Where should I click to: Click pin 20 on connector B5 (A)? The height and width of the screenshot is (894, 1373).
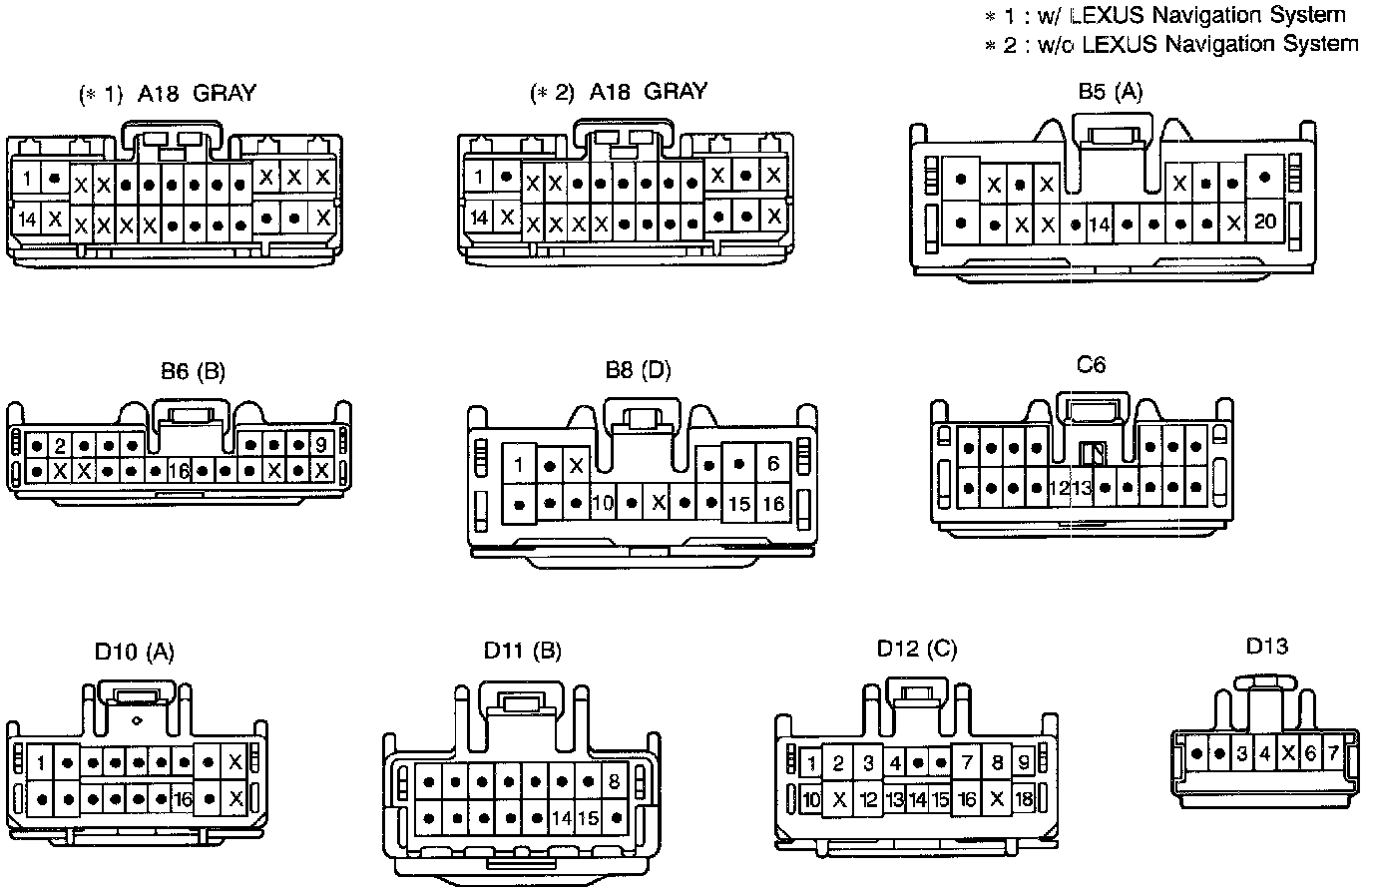click(x=1264, y=222)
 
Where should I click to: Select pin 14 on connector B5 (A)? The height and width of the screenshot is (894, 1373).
click(x=1099, y=224)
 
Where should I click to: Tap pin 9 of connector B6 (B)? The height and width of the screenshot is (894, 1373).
click(x=321, y=445)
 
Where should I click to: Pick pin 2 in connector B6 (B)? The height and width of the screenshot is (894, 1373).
click(x=60, y=445)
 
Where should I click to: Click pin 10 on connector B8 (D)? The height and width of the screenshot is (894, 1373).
click(x=602, y=503)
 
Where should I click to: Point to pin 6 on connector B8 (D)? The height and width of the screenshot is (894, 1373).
click(x=773, y=464)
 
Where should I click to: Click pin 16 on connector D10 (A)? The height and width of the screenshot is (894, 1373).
click(x=183, y=799)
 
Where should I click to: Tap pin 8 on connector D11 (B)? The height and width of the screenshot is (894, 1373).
click(x=614, y=781)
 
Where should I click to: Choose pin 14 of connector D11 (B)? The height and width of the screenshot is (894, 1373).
click(x=561, y=818)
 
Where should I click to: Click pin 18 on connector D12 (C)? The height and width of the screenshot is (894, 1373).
click(x=1023, y=799)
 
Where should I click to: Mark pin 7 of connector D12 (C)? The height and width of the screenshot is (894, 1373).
click(x=966, y=764)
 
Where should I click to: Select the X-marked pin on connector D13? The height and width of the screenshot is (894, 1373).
click(x=1287, y=753)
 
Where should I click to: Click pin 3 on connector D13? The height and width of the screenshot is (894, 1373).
click(x=1241, y=753)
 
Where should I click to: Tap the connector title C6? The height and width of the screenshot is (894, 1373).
click(x=1091, y=364)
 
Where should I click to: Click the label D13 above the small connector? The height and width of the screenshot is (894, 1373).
click(x=1266, y=646)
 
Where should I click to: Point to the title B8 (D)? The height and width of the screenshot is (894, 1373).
click(x=639, y=370)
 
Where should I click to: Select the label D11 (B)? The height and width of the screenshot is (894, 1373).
click(x=522, y=651)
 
